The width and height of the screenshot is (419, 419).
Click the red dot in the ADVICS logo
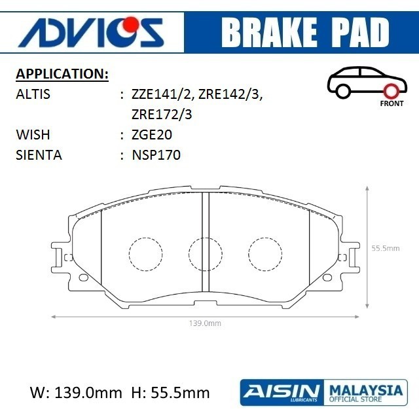131,25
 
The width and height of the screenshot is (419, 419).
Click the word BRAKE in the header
269,33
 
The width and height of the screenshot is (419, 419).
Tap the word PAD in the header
360,33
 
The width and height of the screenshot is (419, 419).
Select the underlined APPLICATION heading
62,74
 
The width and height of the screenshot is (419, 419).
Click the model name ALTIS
33,94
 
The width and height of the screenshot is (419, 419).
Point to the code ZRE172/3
162,115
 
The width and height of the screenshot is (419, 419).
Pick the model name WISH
33,135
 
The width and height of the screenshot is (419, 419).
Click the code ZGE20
151,135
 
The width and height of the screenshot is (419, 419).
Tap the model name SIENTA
39,155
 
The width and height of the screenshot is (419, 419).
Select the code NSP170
156,155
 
